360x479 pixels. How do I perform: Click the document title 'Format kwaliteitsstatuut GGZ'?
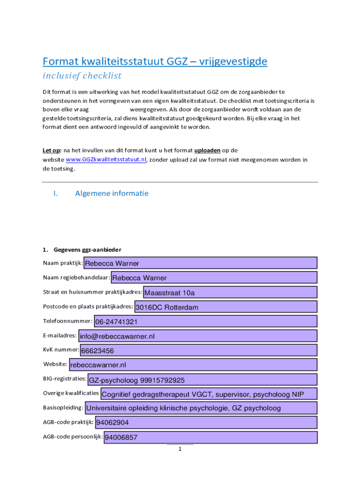[x=155, y=61]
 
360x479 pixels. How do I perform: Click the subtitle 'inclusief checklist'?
[x=82, y=76]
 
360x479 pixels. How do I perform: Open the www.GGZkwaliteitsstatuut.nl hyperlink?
[x=106, y=160]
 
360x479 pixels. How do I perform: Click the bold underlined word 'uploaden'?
[x=207, y=150]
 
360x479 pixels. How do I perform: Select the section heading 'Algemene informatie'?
[x=112, y=193]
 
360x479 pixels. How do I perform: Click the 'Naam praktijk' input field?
[x=200, y=263]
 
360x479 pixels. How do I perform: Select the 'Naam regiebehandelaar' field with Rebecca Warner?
[x=214, y=278]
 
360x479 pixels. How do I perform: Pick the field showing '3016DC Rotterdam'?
[x=225, y=307]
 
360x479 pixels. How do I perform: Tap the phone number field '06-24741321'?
[x=205, y=321]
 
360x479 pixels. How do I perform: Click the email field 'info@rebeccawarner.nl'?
[x=198, y=336]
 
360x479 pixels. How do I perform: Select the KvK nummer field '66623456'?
[x=199, y=350]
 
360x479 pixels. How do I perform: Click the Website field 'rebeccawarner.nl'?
[x=193, y=364]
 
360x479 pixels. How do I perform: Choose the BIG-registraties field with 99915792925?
[x=202, y=379]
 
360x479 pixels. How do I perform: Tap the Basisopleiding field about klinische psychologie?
[x=201, y=408]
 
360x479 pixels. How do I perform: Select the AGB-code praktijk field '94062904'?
[x=206, y=422]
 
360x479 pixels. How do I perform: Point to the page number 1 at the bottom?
[x=180, y=450]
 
